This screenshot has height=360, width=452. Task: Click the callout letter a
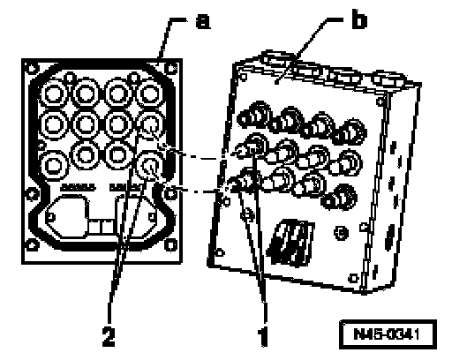pyautogui.click(x=203, y=21)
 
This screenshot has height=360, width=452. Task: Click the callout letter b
pyautogui.click(x=359, y=20)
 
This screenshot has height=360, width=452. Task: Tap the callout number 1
pyautogui.click(x=263, y=336)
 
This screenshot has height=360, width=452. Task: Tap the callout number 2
pyautogui.click(x=109, y=336)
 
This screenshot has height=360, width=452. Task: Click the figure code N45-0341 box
pyautogui.click(x=388, y=334)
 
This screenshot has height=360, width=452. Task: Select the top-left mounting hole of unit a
pyautogui.click(x=31, y=69)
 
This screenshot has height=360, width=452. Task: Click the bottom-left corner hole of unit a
pyautogui.click(x=32, y=245)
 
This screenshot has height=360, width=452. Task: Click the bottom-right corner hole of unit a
pyautogui.click(x=170, y=244)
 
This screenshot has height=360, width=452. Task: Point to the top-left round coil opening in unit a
pyautogui.click(x=53, y=94)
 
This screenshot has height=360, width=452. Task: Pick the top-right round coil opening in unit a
pyautogui.click(x=149, y=94)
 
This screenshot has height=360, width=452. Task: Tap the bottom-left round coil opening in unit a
pyautogui.click(x=53, y=165)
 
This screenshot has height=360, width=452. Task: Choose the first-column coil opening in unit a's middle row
pyautogui.click(x=54, y=124)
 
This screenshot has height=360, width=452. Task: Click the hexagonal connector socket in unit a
pyautogui.click(x=68, y=216)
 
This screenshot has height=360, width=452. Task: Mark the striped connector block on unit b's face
pyautogui.click(x=290, y=242)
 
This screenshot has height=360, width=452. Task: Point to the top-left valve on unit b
pyautogui.click(x=253, y=116)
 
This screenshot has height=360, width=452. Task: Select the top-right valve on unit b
pyautogui.click(x=350, y=131)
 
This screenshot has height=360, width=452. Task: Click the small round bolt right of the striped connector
pyautogui.click(x=341, y=233)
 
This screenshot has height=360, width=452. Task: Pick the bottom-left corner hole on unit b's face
pyautogui.click(x=219, y=252)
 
